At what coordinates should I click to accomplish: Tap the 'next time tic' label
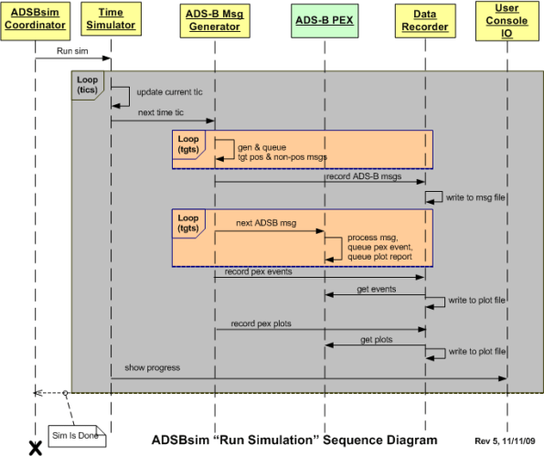pos(160,113)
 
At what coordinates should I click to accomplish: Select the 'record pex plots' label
pos(261,323)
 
